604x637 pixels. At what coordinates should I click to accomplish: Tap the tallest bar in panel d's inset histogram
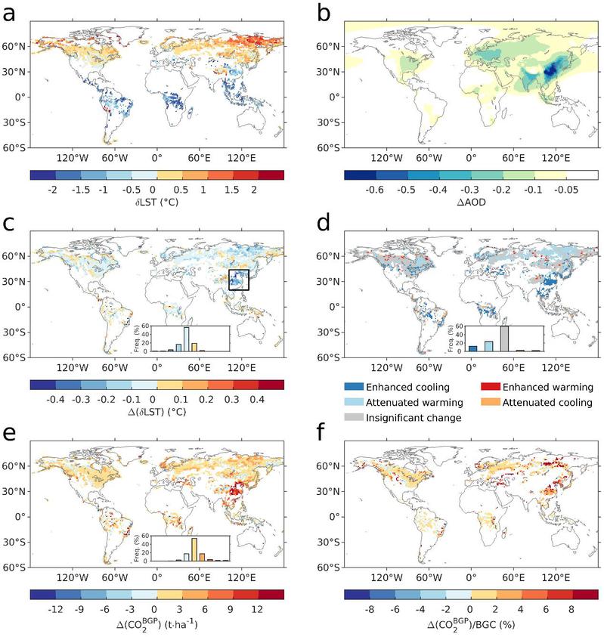(x=505, y=339)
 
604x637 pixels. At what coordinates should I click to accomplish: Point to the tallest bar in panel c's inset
(x=186, y=339)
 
